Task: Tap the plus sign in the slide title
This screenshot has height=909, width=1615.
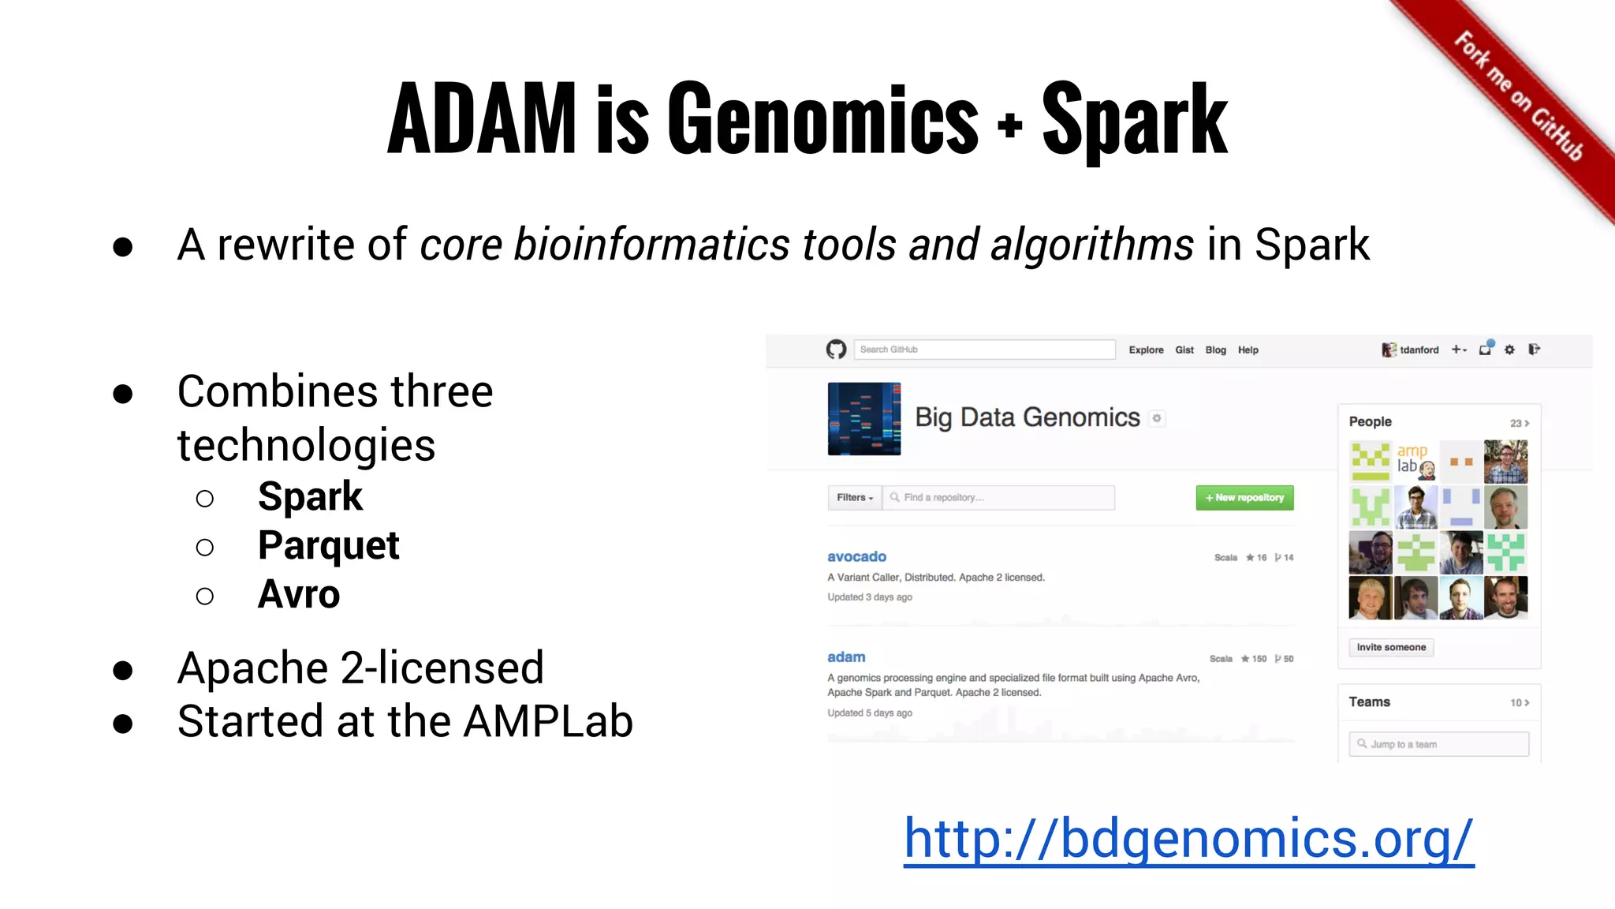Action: [1009, 125]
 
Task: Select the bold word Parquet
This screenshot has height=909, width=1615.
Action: [328, 545]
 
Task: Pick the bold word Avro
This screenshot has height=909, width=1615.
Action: [299, 594]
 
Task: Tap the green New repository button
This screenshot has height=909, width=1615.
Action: [1244, 498]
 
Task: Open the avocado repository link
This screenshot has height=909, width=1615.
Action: [856, 556]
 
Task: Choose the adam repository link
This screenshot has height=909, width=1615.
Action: [846, 656]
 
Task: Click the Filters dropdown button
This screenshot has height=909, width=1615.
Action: [855, 498]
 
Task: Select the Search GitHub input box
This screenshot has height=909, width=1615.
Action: [984, 350]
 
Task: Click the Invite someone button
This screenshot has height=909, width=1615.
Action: [1391, 647]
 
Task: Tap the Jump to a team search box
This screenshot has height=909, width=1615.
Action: [1438, 744]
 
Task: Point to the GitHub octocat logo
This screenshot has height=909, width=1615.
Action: [836, 350]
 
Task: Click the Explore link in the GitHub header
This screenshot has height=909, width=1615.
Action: [1146, 350]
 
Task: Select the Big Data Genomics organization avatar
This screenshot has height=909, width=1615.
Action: [864, 418]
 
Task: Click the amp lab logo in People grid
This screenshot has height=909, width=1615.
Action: [1415, 462]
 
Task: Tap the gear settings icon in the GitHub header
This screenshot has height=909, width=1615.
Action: [1509, 350]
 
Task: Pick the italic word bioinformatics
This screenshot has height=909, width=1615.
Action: [651, 245]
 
